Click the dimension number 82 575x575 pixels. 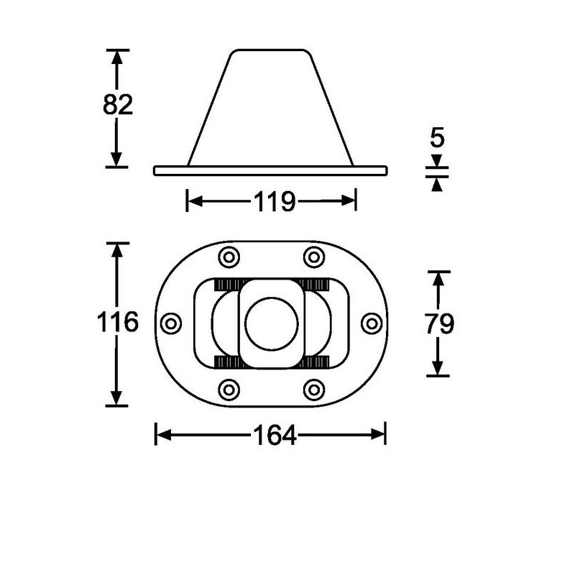pos(118,104)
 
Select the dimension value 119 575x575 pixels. pos(275,201)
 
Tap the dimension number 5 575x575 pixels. pos(437,137)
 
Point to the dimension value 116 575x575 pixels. pos(117,322)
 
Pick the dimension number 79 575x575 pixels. pos(439,324)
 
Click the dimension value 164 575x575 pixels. pos(275,436)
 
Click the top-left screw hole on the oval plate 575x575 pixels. pos(229,257)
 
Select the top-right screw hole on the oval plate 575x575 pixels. pos(314,257)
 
